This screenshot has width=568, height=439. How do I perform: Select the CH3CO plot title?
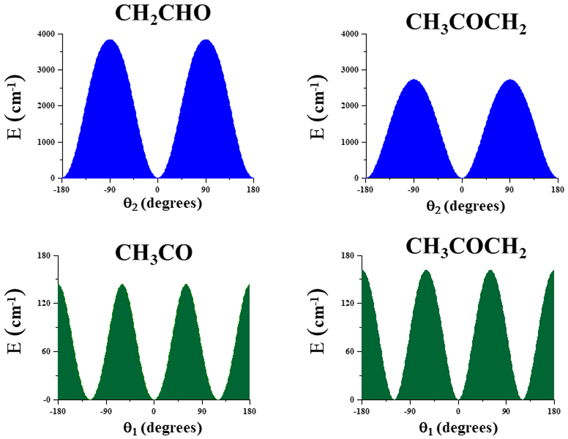coord(153,253)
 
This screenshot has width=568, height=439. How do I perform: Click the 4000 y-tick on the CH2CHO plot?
coord(46,34)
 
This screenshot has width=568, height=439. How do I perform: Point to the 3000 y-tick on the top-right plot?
coord(349,70)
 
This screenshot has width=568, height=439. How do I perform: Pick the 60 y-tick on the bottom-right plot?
coord(349,352)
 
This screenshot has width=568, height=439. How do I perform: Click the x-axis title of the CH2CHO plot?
coord(162,203)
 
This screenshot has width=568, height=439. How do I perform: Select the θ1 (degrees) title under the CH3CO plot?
coord(162,429)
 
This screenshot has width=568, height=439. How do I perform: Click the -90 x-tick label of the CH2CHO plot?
coord(110,190)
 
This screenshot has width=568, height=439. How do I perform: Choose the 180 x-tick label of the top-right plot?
coord(558,190)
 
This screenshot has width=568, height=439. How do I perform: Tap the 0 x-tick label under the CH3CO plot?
coord(154,412)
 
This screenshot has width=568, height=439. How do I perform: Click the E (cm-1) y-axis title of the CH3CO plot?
coord(15,321)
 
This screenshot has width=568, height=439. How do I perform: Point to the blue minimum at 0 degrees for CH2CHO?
coord(157,178)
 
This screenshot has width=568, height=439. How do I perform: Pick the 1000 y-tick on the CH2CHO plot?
coord(46,143)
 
